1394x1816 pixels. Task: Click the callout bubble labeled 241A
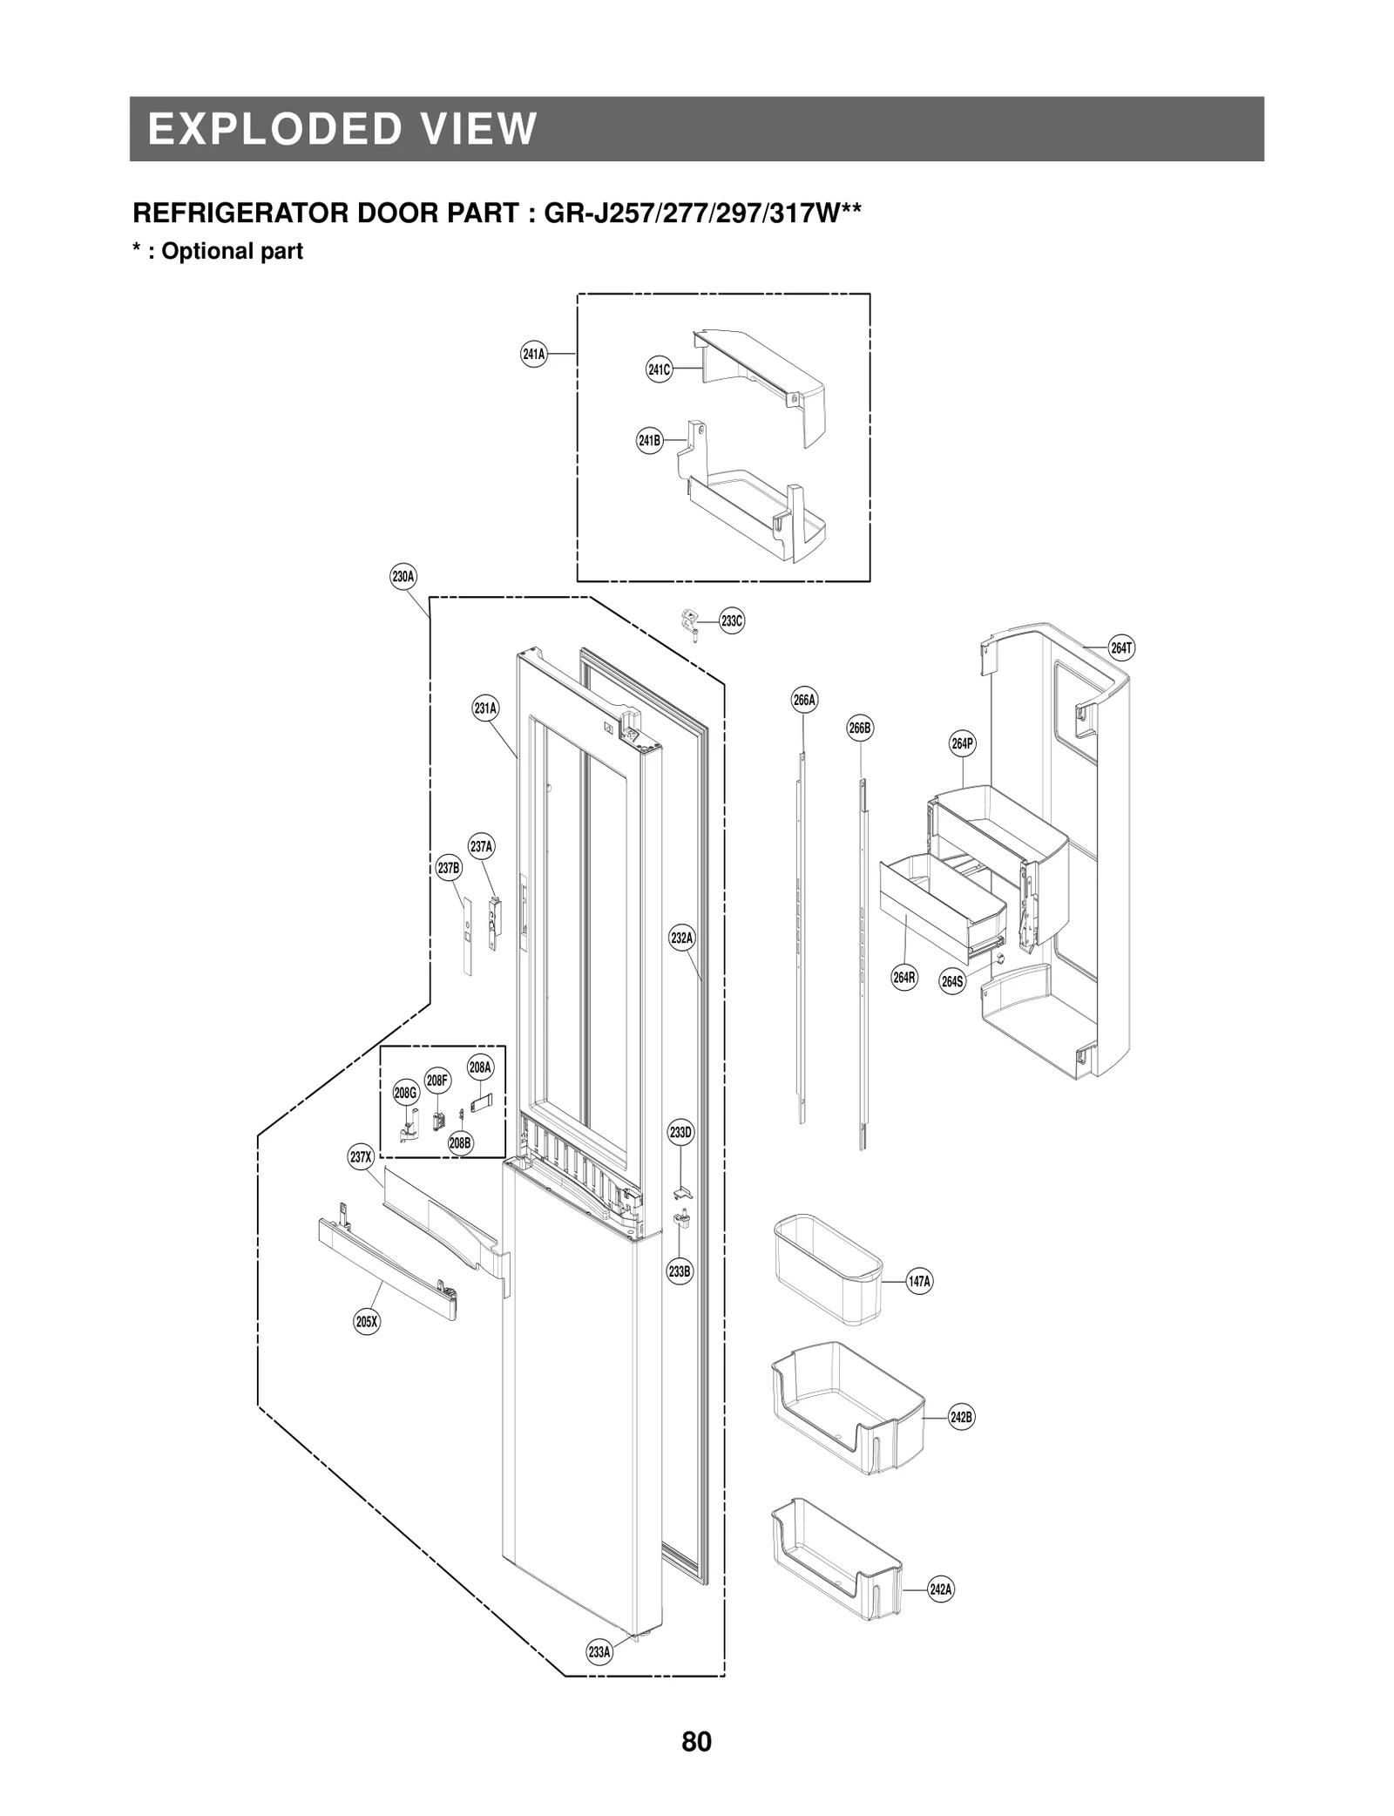533,354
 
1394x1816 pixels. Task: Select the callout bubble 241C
659,369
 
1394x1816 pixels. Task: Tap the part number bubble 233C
732,621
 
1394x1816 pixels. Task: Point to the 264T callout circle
1121,648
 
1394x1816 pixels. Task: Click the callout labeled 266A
804,700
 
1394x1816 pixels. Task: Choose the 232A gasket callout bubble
682,938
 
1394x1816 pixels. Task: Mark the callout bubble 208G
406,1093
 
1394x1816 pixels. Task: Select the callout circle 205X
367,1322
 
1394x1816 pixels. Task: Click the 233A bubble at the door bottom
599,1651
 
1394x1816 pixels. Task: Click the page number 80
696,1742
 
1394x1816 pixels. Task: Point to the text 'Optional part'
232,251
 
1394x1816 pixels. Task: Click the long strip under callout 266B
862,959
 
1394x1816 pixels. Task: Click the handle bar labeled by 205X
388,1268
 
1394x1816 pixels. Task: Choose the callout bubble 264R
904,978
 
